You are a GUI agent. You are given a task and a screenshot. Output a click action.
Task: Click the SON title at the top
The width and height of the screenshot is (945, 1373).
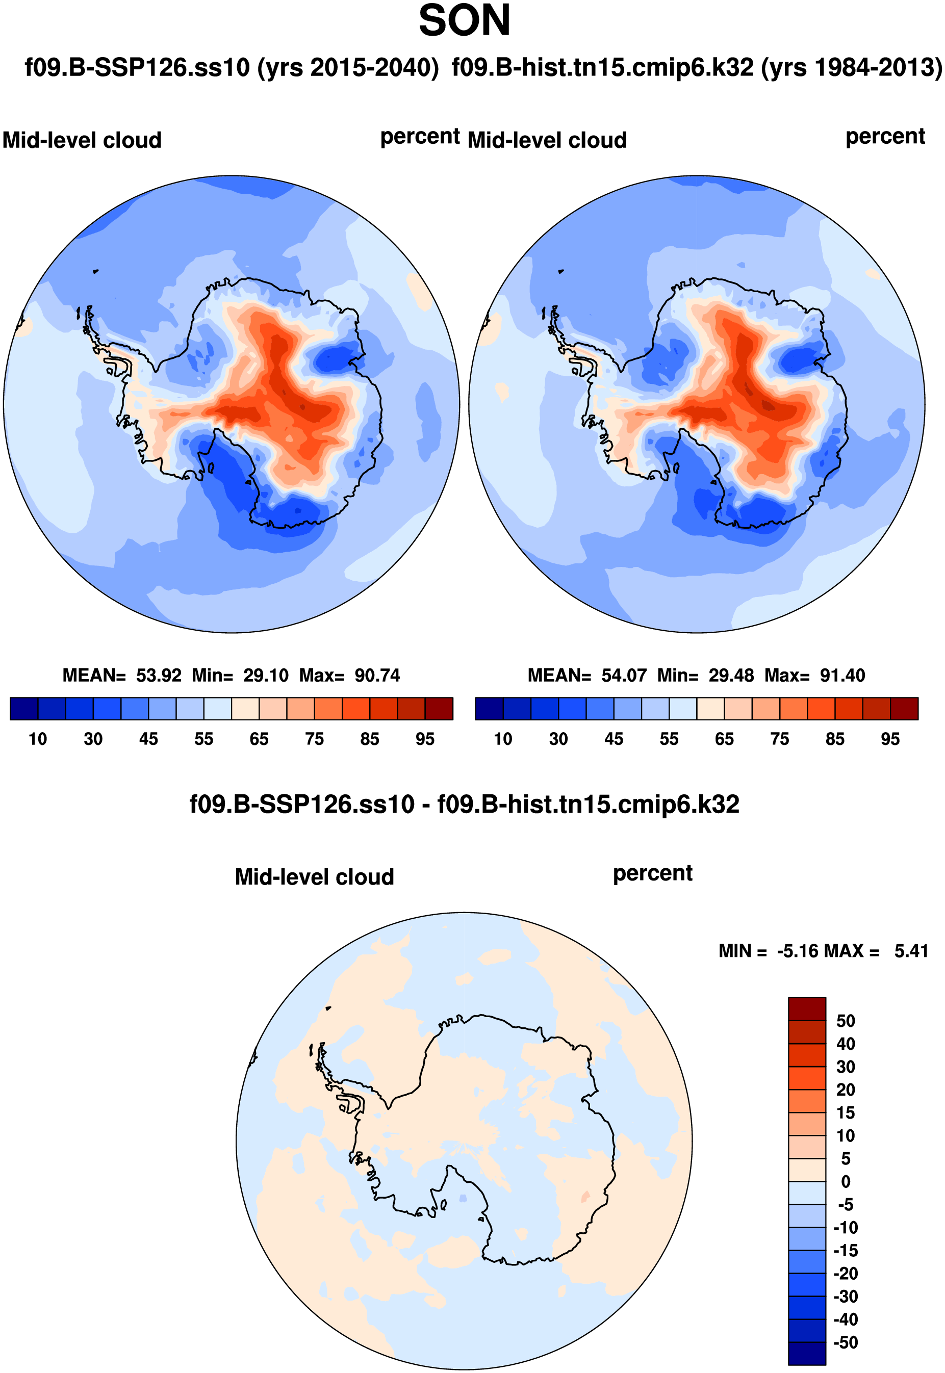(x=464, y=21)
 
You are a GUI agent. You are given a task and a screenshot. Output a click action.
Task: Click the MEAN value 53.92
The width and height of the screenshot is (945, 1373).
(x=159, y=675)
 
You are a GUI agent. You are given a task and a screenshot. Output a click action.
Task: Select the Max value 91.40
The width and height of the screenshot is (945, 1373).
(x=842, y=675)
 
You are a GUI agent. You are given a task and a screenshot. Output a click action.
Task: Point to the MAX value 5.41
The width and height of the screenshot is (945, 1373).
(x=911, y=951)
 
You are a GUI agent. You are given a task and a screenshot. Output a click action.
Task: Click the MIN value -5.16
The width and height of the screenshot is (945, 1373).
(x=797, y=951)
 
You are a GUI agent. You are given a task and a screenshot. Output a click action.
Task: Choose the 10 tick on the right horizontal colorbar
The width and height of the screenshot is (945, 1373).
(x=503, y=739)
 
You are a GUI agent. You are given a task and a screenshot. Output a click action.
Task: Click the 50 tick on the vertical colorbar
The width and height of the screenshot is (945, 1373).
(x=846, y=1021)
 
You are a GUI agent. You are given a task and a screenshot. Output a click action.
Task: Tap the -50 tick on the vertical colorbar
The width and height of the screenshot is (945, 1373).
(x=846, y=1342)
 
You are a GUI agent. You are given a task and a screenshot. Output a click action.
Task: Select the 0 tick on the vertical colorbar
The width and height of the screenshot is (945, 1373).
(x=846, y=1182)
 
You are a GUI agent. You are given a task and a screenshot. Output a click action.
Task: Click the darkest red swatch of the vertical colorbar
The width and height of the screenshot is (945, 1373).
(x=806, y=1009)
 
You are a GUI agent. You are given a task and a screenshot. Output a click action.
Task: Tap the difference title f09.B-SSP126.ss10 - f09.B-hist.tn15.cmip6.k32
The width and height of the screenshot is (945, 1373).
(x=464, y=804)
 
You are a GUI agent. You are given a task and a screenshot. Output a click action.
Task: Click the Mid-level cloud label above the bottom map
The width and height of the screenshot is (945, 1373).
(x=315, y=877)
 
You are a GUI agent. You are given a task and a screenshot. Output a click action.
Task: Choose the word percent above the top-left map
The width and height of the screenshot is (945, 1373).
(x=420, y=137)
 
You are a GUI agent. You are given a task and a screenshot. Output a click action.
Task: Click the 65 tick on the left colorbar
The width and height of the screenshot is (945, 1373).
(x=259, y=739)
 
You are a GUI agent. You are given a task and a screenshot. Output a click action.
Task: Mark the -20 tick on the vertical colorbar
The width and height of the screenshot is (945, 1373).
(x=846, y=1274)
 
